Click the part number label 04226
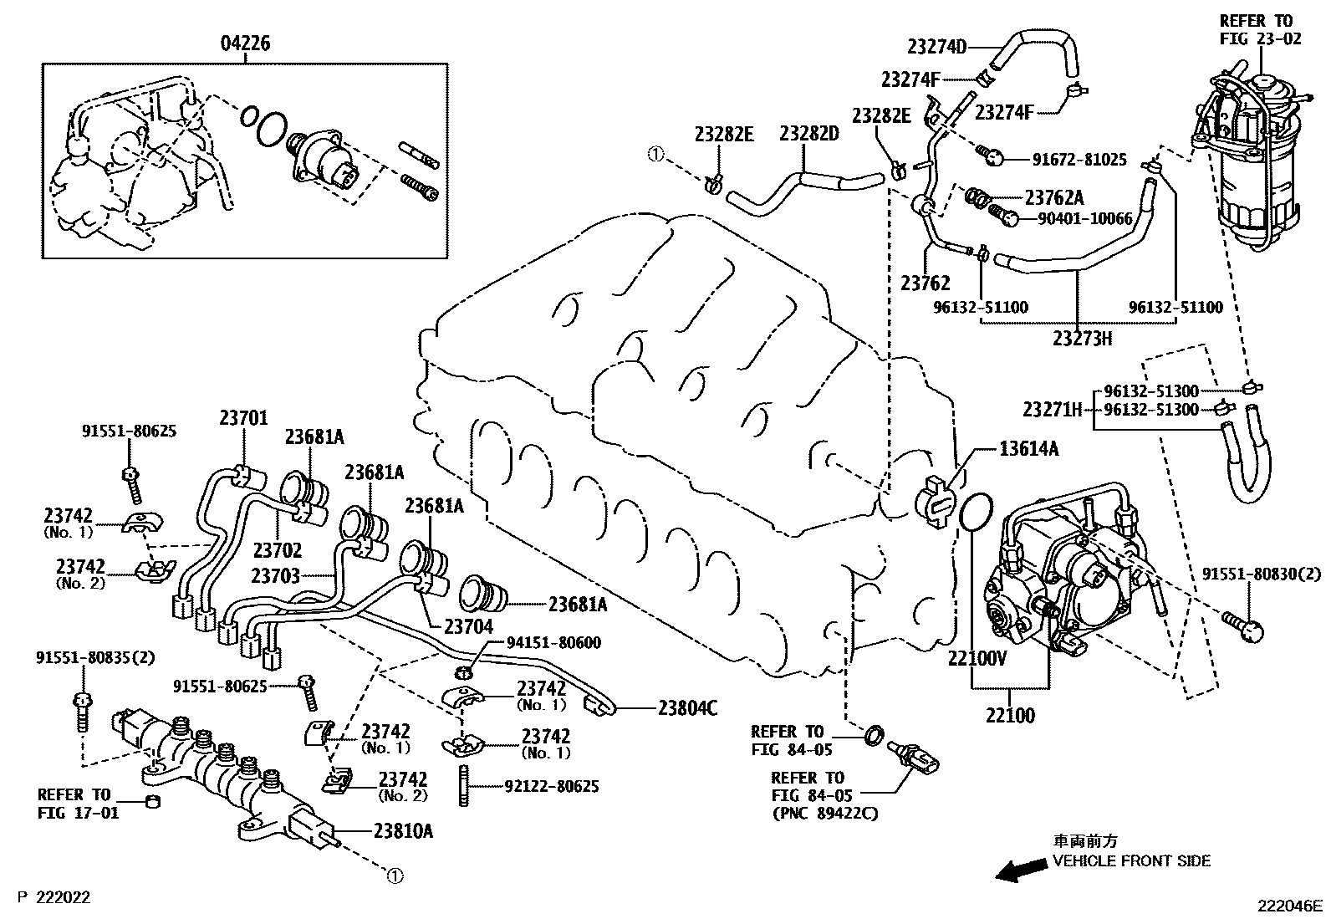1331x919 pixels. pyautogui.click(x=246, y=43)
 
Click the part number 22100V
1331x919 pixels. pyautogui.click(x=977, y=658)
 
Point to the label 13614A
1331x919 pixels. pyautogui.click(x=1028, y=449)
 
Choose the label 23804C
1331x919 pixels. pyautogui.click(x=687, y=708)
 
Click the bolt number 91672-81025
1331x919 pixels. pyautogui.click(x=1068, y=159)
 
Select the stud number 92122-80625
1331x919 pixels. pyautogui.click(x=551, y=787)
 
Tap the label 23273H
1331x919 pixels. pyautogui.click(x=1083, y=338)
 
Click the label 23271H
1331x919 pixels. pyautogui.click(x=1052, y=410)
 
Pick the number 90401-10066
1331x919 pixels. pyautogui.click(x=1084, y=219)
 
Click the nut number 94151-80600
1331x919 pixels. pyautogui.click(x=553, y=643)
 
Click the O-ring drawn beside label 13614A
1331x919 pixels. pyautogui.click(x=975, y=512)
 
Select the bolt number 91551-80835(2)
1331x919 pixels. pyautogui.click(x=95, y=657)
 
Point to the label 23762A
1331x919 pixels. pyautogui.click(x=1053, y=198)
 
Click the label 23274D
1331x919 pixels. pyautogui.click(x=936, y=47)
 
